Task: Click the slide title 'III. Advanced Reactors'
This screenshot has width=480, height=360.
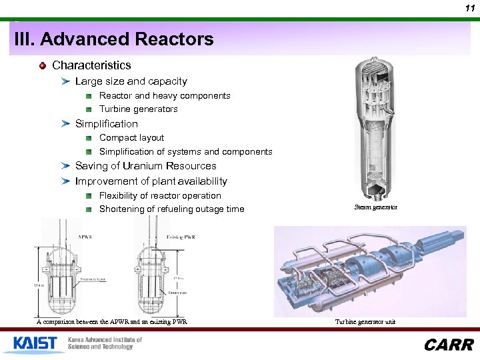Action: tap(114, 39)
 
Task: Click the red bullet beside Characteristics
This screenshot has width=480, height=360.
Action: tap(43, 65)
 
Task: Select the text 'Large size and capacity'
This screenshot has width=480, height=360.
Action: tap(131, 81)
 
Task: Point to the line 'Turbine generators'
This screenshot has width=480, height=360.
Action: tap(138, 109)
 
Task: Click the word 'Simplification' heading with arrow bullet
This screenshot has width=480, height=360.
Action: tap(107, 124)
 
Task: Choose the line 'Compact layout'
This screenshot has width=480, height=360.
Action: tap(131, 138)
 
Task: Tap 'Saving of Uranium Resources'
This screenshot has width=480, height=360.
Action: tap(145, 166)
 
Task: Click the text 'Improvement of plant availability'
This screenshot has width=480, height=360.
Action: tap(151, 181)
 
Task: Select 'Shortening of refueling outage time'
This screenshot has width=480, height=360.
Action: tap(171, 209)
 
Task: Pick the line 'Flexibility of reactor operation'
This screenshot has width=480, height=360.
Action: tap(160, 196)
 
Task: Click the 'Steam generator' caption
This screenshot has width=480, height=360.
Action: tap(376, 207)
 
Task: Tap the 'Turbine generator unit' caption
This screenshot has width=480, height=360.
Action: tap(366, 322)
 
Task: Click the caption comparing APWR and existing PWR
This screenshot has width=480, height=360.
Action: tap(111, 322)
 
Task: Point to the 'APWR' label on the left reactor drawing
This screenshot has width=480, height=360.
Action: tap(85, 237)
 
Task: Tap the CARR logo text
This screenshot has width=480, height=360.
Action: tap(449, 345)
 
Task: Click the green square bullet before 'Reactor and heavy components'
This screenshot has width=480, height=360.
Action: tap(89, 96)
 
